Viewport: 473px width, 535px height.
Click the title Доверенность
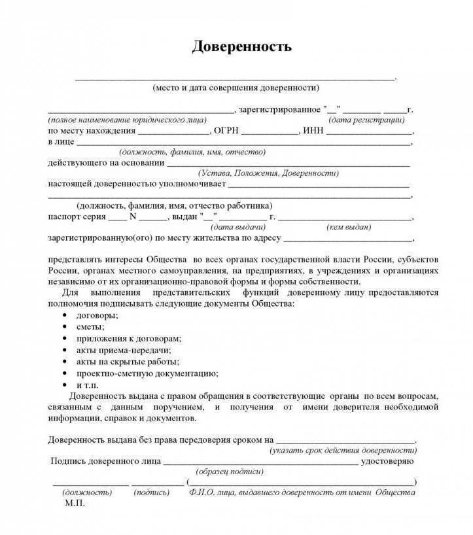(x=241, y=47)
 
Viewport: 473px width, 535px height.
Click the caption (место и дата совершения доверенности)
(x=236, y=87)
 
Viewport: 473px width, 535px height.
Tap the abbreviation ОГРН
(x=226, y=131)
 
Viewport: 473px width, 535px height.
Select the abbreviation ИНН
(x=313, y=131)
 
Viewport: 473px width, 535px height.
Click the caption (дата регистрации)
(x=366, y=120)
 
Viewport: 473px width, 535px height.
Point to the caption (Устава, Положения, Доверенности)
(x=268, y=173)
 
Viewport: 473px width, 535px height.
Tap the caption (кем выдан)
(x=348, y=227)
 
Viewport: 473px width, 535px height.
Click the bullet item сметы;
(x=90, y=327)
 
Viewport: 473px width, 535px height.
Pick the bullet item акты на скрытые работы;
(x=128, y=362)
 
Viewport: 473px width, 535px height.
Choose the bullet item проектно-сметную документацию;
(x=147, y=373)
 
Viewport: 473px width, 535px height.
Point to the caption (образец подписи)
(x=230, y=472)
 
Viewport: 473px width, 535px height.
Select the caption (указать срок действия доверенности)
(x=343, y=451)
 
